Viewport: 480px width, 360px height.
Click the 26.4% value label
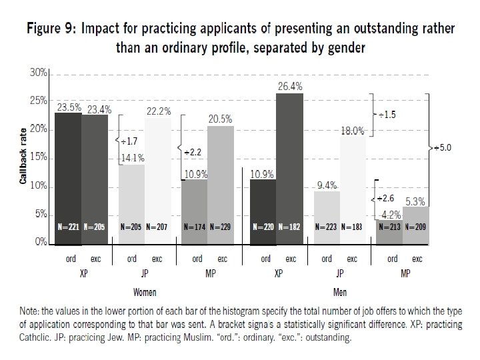[x=290, y=86]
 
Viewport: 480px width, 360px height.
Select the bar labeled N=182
[x=290, y=167]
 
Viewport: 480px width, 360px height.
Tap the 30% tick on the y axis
[x=38, y=73]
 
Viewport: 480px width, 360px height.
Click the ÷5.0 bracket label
[x=442, y=148]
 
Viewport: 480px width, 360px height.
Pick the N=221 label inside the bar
[x=68, y=227]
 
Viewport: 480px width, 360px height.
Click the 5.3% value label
[x=414, y=200]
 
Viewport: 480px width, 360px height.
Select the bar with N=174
[x=195, y=210]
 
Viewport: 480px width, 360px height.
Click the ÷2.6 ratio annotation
[x=387, y=199]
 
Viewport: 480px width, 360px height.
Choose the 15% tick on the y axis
[x=38, y=157]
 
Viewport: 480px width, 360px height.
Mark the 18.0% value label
[x=352, y=131]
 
